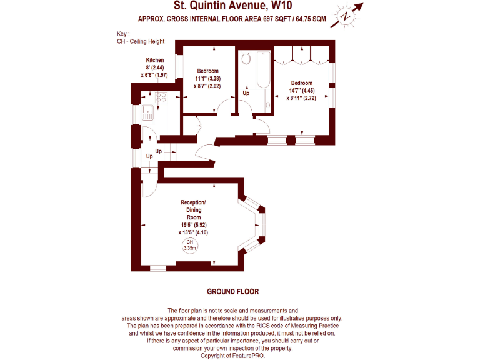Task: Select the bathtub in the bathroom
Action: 262,69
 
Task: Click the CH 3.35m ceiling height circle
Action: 189,245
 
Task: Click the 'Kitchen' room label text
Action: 155,60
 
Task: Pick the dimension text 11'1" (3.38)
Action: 208,79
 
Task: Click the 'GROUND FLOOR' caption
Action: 232,292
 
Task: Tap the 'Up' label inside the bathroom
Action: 246,93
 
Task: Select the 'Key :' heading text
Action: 123,34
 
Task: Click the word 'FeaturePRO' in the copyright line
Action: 249,356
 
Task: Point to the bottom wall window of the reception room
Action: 158,267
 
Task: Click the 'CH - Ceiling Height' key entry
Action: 139,41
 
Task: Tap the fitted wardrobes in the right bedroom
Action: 301,59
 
